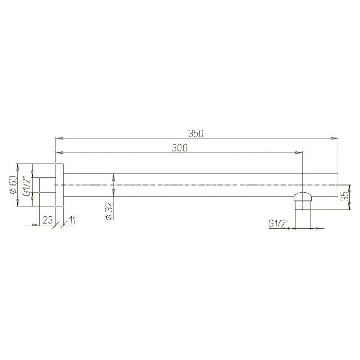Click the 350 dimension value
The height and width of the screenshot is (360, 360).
[196, 133]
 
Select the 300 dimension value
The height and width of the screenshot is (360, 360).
[180, 148]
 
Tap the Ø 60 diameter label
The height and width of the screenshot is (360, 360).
[13, 184]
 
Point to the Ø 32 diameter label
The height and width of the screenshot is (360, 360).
[109, 211]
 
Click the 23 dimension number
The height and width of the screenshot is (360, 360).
[48, 220]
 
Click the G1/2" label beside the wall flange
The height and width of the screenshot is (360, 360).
[27, 186]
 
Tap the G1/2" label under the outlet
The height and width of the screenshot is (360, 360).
[278, 223]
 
